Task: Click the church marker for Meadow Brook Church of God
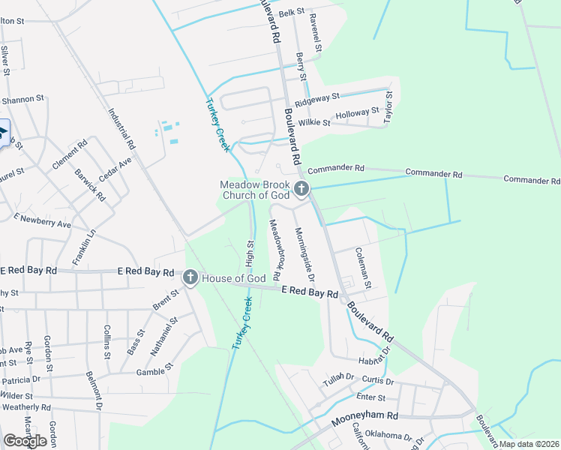pos(301,189)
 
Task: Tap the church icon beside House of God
pos(190,278)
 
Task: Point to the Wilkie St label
pos(314,122)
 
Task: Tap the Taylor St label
pos(388,107)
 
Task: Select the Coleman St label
pos(362,268)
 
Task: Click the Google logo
pos(25,441)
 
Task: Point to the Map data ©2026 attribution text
pos(529,444)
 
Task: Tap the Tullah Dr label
pos(338,376)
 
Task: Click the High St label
pos(250,253)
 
